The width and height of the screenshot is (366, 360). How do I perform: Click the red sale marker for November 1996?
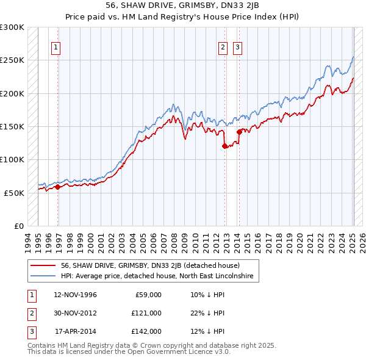pos(58,187)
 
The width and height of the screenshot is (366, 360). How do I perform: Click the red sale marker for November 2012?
pos(224,146)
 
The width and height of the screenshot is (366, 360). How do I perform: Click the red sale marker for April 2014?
pos(239,132)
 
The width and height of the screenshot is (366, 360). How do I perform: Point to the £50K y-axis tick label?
pos(14,193)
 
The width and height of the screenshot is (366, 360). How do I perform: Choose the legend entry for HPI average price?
pos(160,276)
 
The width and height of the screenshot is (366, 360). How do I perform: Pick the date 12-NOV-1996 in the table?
pos(75,295)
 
